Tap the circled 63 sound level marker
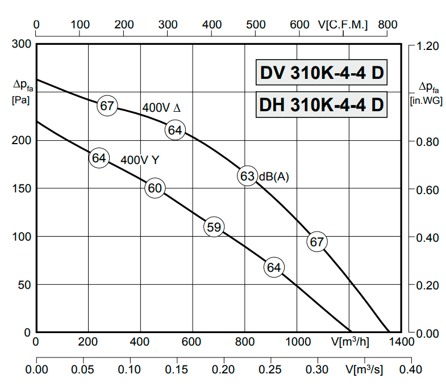coord(247,176)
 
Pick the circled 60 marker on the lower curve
coord(155,188)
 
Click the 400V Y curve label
coord(139,160)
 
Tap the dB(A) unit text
coord(274,177)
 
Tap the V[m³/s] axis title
coord(365,369)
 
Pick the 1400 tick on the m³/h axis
coord(402,342)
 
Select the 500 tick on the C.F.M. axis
coord(256,25)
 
